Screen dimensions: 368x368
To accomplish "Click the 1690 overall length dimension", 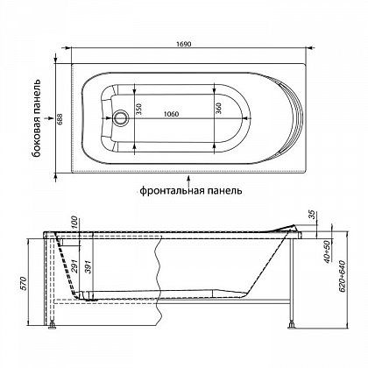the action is (183, 44).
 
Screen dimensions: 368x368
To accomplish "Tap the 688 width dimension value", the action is (60, 118).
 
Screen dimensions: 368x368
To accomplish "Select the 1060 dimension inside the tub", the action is (171, 114).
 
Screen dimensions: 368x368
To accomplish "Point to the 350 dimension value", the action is (139, 109).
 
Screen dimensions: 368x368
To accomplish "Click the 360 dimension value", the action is (218, 109).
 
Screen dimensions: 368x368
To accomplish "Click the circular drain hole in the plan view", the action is (120, 117).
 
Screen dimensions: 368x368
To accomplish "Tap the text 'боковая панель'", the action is (37, 118).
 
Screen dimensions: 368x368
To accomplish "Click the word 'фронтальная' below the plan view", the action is (170, 191).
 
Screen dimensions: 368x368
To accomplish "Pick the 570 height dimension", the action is (24, 283).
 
